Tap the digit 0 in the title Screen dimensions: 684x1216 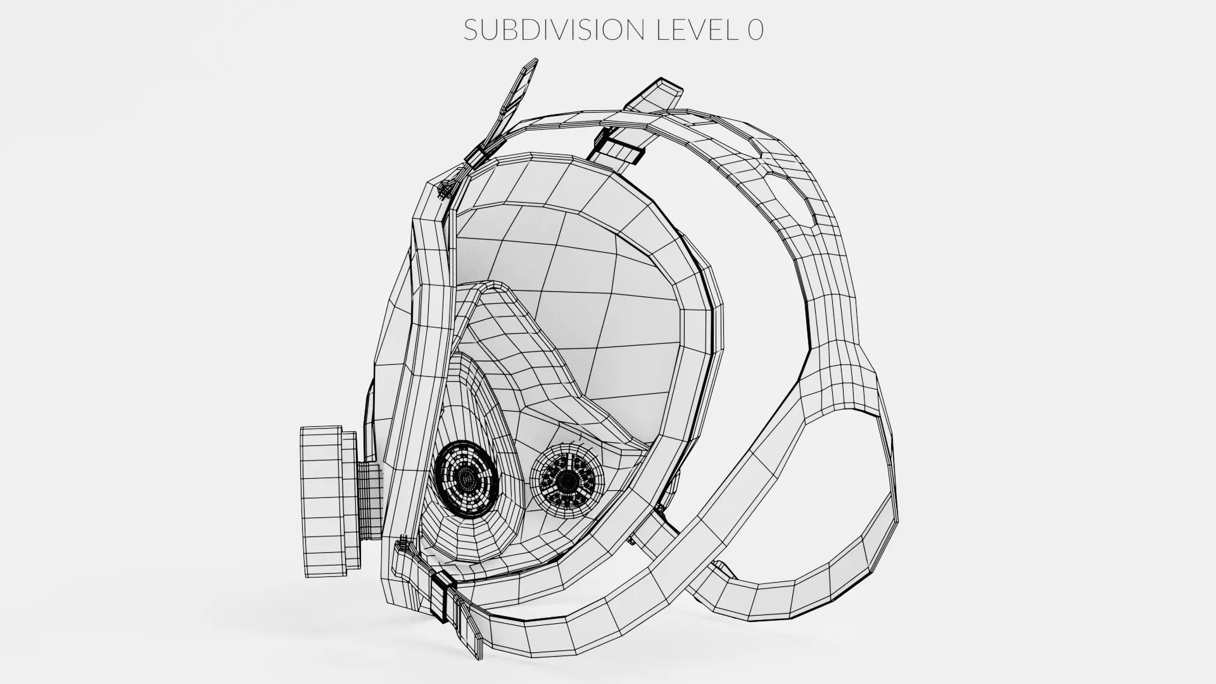coord(755,30)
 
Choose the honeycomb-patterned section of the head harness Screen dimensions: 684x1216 coord(785,171)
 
